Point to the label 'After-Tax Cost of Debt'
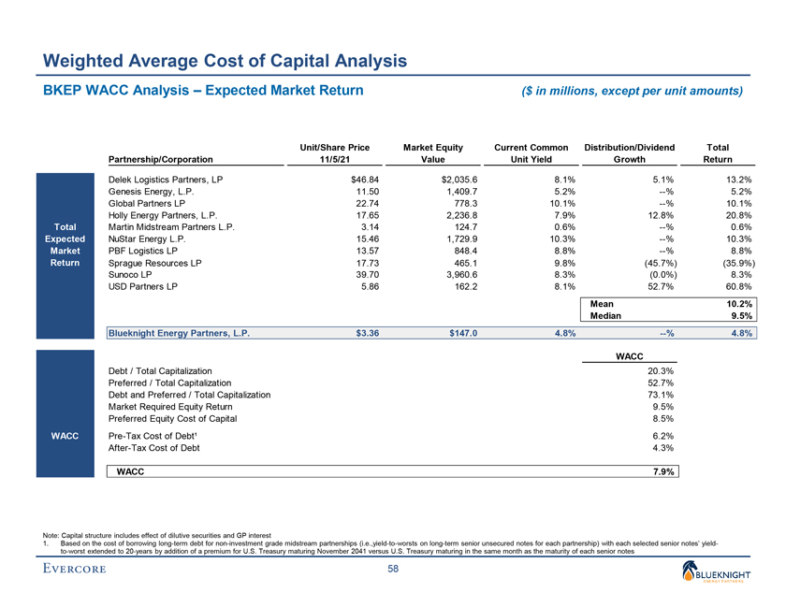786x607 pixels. point(154,448)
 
